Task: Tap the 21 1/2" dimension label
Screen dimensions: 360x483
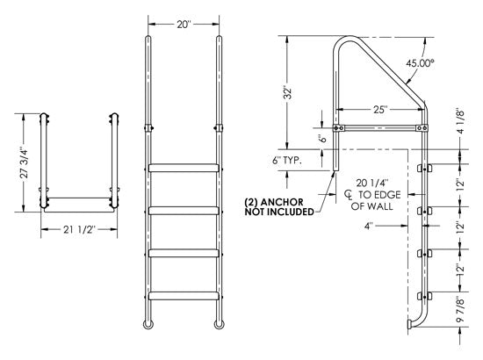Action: click(x=79, y=231)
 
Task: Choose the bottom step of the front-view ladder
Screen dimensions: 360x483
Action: click(x=184, y=294)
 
